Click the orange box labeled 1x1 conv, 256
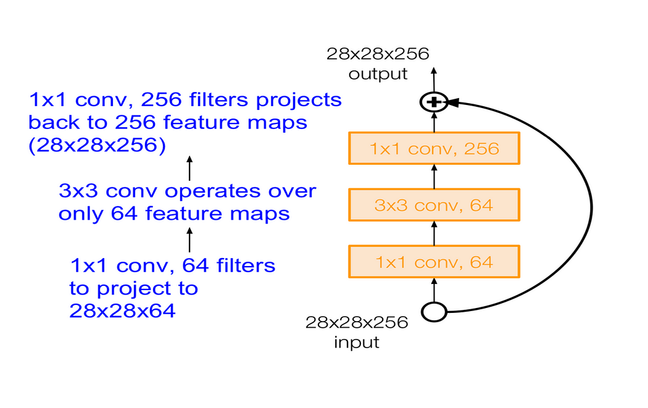[434, 148]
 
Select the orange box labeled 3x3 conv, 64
[434, 205]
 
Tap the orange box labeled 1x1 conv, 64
[434, 262]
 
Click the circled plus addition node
[434, 102]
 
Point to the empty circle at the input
[434, 312]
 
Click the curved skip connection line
[591, 207]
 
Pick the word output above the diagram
[378, 75]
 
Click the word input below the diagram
[357, 341]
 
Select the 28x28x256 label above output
[378, 54]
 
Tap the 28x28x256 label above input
[357, 322]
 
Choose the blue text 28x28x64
[123, 310]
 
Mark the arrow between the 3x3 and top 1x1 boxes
[434, 177]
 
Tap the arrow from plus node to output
[434, 80]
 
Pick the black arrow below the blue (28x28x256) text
[189, 168]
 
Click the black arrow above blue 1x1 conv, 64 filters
[189, 239]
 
